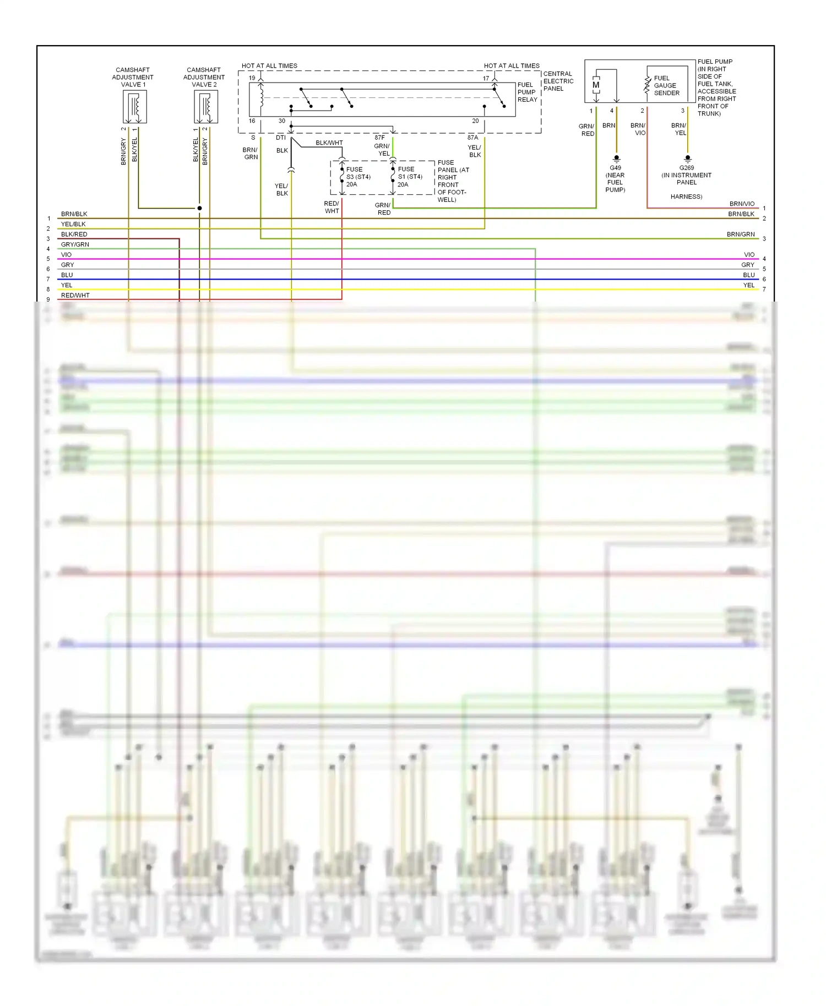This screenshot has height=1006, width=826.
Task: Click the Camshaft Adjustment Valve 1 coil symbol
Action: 134,107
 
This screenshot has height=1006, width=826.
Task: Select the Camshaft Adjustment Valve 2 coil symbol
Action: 206,107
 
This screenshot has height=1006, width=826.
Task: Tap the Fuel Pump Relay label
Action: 527,92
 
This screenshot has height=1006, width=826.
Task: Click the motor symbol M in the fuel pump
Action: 596,85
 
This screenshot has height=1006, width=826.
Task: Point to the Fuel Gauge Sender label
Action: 666,85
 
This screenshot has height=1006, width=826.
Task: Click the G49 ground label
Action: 615,168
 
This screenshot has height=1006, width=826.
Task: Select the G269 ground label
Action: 686,168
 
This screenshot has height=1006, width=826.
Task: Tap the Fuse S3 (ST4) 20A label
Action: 358,177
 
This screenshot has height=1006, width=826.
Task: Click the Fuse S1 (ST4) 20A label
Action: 410,177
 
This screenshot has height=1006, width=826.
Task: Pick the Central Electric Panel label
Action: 558,81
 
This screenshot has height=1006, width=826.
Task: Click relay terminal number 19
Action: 252,78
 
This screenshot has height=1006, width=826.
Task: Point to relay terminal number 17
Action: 486,78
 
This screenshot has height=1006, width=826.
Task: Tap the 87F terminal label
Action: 379,138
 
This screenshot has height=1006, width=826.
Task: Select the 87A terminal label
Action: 472,138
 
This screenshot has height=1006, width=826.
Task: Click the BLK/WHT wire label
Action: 329,143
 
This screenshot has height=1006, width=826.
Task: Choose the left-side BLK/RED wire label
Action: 74,234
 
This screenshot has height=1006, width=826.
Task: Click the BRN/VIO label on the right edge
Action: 742,204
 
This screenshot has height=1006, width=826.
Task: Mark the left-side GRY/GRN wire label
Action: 75,244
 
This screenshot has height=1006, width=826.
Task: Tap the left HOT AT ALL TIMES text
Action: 269,66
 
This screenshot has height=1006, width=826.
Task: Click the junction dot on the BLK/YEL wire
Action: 199,208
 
